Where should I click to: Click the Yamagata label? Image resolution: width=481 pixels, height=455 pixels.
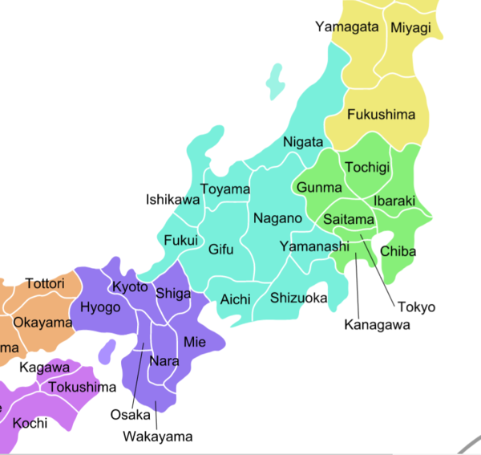(346, 26)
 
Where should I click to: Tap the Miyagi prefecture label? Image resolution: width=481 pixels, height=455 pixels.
(410, 28)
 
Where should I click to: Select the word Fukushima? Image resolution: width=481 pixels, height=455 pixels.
(381, 115)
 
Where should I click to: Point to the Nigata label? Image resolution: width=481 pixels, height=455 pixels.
(303, 142)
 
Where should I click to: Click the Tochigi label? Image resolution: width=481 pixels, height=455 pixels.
(366, 168)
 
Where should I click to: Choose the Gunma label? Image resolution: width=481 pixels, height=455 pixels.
(319, 188)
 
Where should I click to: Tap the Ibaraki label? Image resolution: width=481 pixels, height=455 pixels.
(394, 200)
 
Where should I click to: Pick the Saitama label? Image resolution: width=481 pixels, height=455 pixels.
(348, 219)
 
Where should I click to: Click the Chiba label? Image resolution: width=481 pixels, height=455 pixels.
(398, 251)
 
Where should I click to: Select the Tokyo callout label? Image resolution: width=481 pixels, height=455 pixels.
(415, 307)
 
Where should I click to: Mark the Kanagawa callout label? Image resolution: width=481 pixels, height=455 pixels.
(377, 325)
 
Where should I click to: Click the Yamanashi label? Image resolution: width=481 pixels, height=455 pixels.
(314, 246)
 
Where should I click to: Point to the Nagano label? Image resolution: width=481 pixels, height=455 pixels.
(277, 218)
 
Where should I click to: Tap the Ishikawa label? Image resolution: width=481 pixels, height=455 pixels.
(172, 200)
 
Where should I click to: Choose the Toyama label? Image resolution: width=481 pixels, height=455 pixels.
(224, 190)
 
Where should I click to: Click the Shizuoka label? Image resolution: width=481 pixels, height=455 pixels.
(298, 299)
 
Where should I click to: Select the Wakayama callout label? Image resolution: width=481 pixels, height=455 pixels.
(158, 437)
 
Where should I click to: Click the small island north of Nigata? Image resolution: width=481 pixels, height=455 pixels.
(277, 80)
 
